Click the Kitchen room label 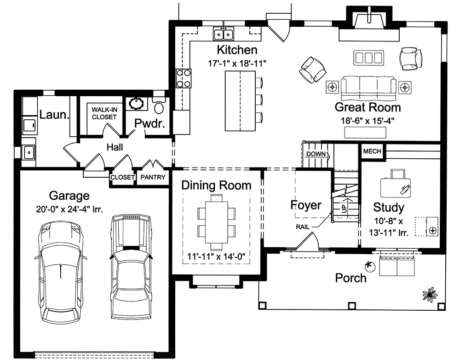(237, 50)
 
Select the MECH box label (372, 151)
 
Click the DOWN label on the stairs (316, 154)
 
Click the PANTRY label (153, 177)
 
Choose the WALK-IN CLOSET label (104, 113)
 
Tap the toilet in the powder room (159, 107)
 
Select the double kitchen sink (224, 34)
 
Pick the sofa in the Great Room (368, 87)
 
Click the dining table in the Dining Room (216, 215)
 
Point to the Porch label (351, 278)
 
